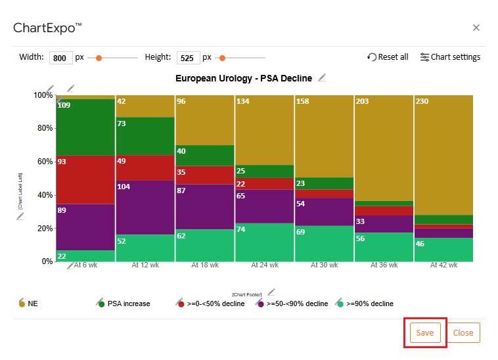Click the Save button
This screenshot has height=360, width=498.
click(x=424, y=332)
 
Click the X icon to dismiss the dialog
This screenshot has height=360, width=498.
click(x=476, y=28)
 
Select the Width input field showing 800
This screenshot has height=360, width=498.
click(x=60, y=58)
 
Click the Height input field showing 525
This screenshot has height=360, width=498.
click(x=188, y=58)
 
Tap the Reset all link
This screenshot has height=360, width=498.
click(x=388, y=57)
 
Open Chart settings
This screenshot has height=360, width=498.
click(x=450, y=57)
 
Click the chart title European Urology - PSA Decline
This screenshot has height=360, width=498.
click(x=244, y=78)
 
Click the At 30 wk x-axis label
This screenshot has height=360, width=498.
click(x=324, y=266)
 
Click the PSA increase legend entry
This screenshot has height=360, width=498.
click(x=128, y=304)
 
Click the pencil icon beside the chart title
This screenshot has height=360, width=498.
click(x=322, y=78)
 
